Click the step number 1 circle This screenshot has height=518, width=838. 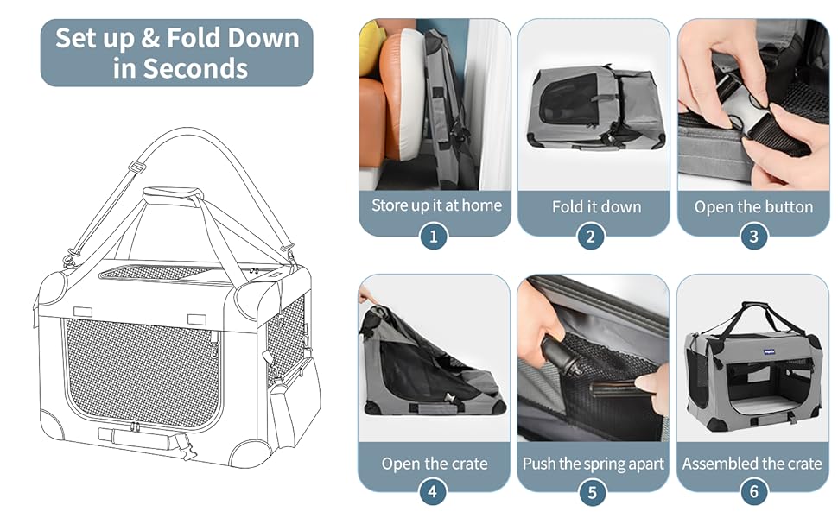(x=434, y=236)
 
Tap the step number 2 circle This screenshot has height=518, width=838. (x=593, y=236)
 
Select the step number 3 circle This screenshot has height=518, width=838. (x=753, y=236)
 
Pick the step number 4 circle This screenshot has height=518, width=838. (x=434, y=492)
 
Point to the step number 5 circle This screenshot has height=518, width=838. (x=593, y=492)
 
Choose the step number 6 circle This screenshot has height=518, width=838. (x=753, y=492)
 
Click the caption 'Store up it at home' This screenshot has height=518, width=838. (x=435, y=205)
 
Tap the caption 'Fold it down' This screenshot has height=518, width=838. (x=596, y=206)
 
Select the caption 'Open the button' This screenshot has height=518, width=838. (x=753, y=206)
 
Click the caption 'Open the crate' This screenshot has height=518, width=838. (x=435, y=464)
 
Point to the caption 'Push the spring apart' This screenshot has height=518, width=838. (x=594, y=464)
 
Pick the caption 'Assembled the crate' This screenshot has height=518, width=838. (x=752, y=464)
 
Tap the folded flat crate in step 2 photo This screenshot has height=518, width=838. (x=594, y=108)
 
